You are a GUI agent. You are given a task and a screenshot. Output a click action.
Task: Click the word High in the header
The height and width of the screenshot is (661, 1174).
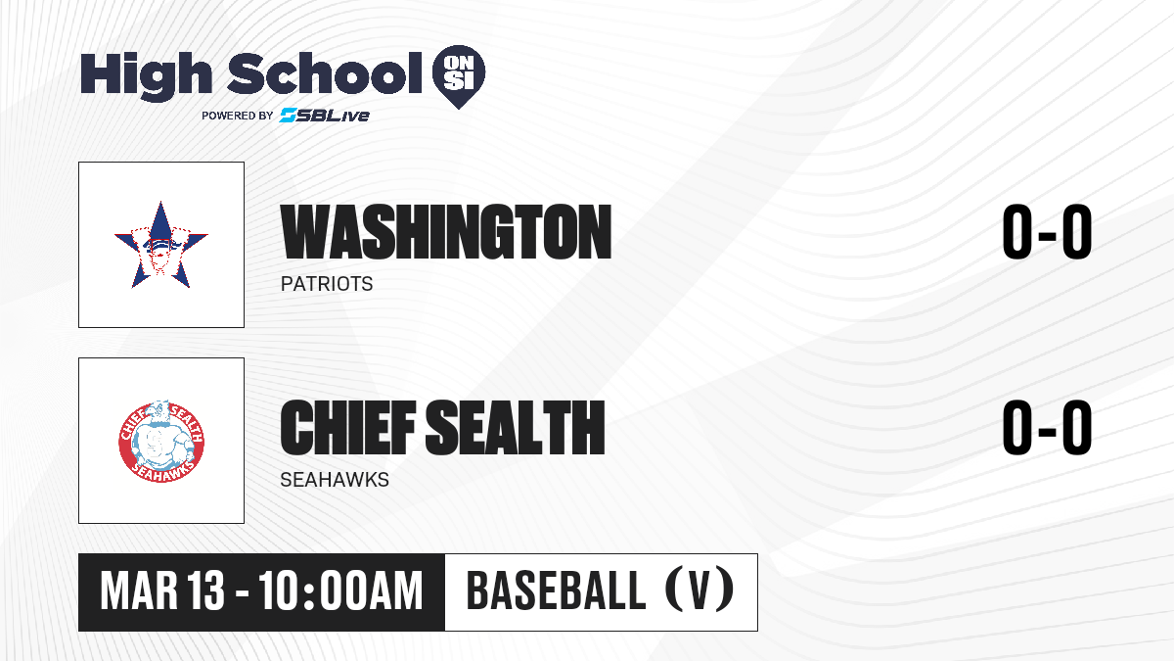[147, 76]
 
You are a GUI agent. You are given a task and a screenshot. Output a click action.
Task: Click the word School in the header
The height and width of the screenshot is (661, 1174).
[325, 72]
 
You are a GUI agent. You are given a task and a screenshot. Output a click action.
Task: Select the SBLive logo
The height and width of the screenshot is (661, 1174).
[325, 116]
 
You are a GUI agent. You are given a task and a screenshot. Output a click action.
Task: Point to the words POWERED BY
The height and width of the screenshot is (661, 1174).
[238, 116]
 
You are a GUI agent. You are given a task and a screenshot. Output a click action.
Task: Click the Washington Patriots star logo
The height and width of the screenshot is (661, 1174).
[161, 245]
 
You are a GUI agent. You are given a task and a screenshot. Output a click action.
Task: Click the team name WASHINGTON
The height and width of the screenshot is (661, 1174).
[446, 232]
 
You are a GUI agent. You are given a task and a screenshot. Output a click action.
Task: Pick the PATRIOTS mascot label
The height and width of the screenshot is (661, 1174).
[327, 284]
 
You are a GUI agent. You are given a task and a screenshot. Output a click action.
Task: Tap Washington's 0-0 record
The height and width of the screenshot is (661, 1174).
[1047, 231]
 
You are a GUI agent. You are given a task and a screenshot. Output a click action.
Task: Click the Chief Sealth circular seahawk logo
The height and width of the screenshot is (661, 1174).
[161, 442]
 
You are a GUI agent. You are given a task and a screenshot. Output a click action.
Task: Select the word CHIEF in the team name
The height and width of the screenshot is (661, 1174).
[348, 428]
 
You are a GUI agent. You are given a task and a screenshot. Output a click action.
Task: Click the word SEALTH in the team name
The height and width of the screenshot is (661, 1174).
[516, 428]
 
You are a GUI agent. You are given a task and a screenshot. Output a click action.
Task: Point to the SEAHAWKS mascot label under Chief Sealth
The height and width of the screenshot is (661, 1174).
[335, 480]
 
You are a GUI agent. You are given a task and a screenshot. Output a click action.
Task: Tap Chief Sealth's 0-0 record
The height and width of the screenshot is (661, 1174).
[1047, 427]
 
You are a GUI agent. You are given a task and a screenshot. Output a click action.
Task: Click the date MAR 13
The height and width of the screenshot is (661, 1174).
[162, 591]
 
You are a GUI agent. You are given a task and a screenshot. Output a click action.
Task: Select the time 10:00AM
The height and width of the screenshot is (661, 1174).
[340, 591]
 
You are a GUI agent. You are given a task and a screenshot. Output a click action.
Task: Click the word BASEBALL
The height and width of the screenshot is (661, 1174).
[556, 590]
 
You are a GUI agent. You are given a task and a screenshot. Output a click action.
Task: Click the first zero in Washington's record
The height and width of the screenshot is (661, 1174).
[1017, 231]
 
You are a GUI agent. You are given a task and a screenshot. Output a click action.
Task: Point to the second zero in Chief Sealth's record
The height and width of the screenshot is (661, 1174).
[1077, 427]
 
